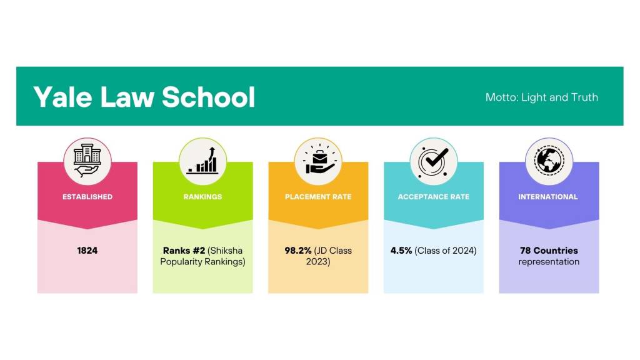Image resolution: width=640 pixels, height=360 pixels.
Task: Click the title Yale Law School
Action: pyautogui.click(x=144, y=97)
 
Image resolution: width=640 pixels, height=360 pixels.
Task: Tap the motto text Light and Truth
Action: pyautogui.click(x=559, y=97)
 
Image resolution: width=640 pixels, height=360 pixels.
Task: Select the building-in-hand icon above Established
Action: pyautogui.click(x=87, y=160)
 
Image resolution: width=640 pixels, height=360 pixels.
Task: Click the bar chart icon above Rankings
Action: pyautogui.click(x=202, y=161)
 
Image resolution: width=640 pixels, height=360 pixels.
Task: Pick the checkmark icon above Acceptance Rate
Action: pyautogui.click(x=434, y=161)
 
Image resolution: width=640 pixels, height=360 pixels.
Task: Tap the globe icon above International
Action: pyautogui.click(x=549, y=161)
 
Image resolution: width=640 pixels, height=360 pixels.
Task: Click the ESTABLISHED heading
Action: pyautogui.click(x=87, y=197)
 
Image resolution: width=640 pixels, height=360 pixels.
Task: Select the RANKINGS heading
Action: pyautogui.click(x=203, y=197)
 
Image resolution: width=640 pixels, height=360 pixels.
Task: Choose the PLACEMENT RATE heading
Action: pyautogui.click(x=318, y=197)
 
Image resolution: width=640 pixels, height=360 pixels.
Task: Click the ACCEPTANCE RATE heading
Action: pyautogui.click(x=434, y=197)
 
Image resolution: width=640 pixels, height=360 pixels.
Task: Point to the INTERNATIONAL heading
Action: pyautogui.click(x=548, y=197)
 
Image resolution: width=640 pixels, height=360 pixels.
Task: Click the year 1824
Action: pyautogui.click(x=87, y=251)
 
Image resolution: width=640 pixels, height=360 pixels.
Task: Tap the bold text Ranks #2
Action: pyautogui.click(x=184, y=251)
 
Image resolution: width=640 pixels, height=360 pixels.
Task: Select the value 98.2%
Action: pyautogui.click(x=298, y=251)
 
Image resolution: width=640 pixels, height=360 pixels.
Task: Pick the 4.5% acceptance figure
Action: pyautogui.click(x=401, y=251)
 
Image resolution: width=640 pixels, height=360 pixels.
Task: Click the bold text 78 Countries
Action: pyautogui.click(x=549, y=251)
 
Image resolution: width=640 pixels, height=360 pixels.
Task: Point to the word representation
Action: pyautogui.click(x=549, y=262)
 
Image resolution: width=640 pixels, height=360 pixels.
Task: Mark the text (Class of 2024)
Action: pyautogui.click(x=446, y=251)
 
